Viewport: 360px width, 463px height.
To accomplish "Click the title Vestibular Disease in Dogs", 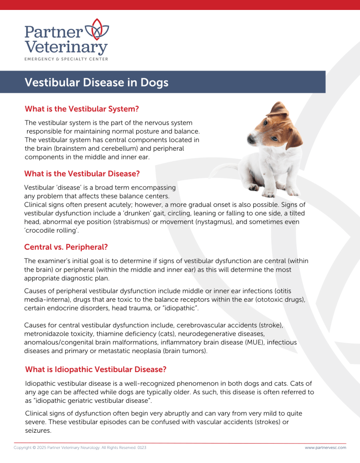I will pos(96,83).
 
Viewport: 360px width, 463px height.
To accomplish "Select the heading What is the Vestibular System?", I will pos(81,109).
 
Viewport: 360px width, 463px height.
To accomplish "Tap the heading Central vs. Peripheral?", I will pos(66,247).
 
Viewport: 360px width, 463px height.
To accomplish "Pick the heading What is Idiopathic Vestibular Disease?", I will pos(96,369).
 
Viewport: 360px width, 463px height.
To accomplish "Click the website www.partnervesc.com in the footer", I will pos(325,448).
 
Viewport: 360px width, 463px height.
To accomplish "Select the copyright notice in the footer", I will pos(80,448).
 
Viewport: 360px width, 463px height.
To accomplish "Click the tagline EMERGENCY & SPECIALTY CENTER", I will pos(66,59).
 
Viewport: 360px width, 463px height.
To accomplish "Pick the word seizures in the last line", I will pos(38,430).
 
